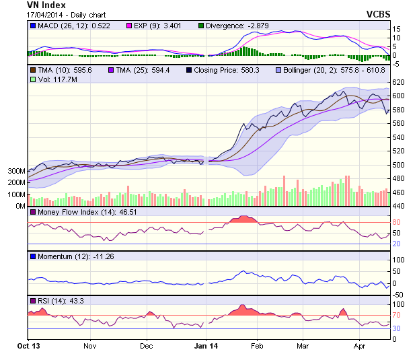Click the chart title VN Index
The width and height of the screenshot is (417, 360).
coord(46,5)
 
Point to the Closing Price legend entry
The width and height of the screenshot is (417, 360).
coord(225,69)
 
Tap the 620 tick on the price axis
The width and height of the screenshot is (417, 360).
coord(400,81)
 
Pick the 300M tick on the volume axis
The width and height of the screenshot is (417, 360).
coord(17,171)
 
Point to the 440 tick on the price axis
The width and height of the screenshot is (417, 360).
coord(400,206)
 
